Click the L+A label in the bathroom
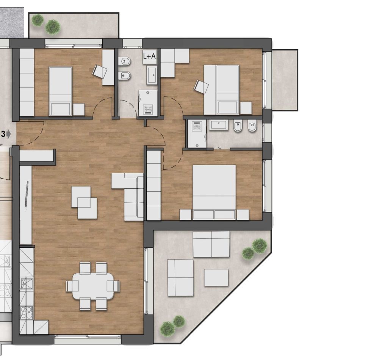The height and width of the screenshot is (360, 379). [x=149, y=56]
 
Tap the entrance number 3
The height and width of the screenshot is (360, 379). [x=3, y=134]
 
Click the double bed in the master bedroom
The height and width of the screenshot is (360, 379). [x=214, y=191]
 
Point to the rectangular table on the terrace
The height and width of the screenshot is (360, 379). [x=216, y=277]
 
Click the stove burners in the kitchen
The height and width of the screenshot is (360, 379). [x=26, y=313]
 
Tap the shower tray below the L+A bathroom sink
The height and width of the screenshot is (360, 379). [x=147, y=102]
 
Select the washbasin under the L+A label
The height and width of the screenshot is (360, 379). [x=152, y=74]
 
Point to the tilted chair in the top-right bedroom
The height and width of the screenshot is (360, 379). [x=201, y=87]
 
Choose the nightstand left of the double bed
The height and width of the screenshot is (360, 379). [x=185, y=215]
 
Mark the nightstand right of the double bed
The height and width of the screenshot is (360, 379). [x=243, y=214]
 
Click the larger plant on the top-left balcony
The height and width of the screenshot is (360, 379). [x=53, y=27]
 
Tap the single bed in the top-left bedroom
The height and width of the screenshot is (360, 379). [x=61, y=91]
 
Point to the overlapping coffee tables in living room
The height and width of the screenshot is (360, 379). [x=84, y=202]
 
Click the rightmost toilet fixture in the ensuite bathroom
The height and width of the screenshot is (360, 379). [x=252, y=126]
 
